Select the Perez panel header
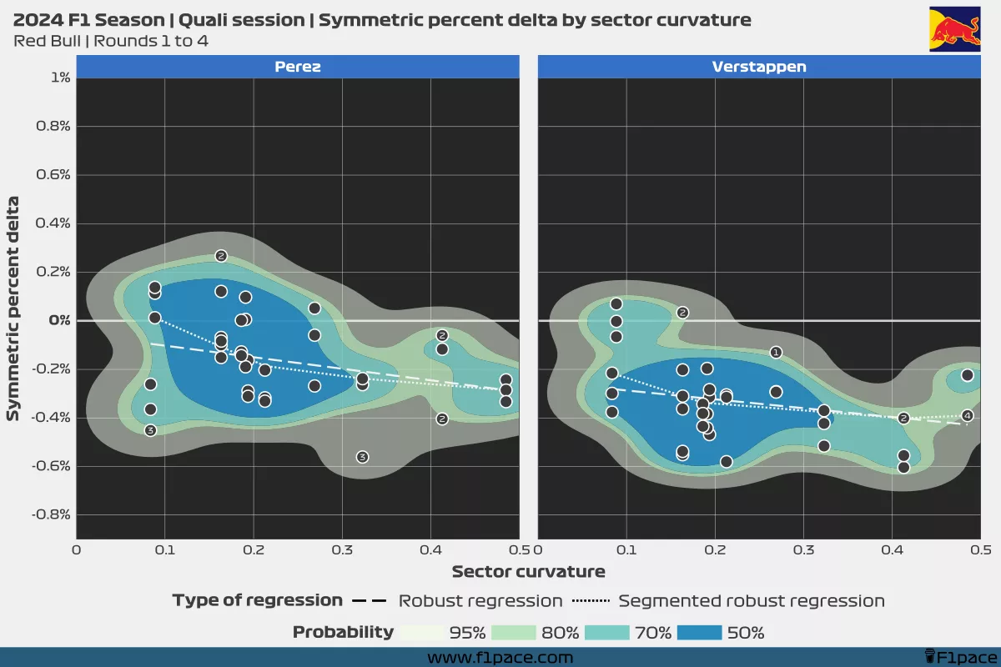[x=298, y=67]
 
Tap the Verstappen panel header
[x=759, y=67]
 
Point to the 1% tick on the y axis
[x=60, y=78]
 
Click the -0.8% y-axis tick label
[x=51, y=514]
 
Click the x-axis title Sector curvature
[x=528, y=572]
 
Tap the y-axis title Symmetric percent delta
[x=13, y=308]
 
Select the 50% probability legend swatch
[x=700, y=632]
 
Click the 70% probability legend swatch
[x=608, y=632]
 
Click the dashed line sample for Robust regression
[x=370, y=601]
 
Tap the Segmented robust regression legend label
[x=751, y=601]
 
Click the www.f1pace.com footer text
[x=500, y=658]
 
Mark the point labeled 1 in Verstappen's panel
[x=776, y=353]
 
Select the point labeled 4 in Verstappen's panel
[x=968, y=415]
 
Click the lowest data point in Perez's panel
[x=362, y=457]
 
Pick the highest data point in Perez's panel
[x=221, y=256]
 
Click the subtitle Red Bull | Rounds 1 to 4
[x=111, y=41]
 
